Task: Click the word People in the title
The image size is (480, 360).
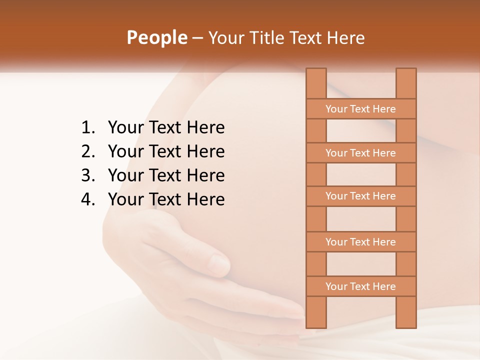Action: point(156,37)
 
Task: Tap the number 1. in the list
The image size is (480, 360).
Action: point(87,128)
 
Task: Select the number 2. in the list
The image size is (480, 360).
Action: point(87,151)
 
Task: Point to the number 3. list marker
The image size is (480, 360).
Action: point(87,175)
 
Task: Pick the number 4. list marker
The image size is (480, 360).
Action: point(87,199)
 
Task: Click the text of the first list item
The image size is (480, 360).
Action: point(166,128)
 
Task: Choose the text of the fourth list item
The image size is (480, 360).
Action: point(166,199)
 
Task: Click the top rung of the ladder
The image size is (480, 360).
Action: point(360,109)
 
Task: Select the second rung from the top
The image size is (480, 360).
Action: point(360,153)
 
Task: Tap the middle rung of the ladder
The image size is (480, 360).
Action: point(360,196)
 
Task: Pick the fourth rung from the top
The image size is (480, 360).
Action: point(360,242)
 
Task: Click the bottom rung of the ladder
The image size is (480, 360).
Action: point(360,286)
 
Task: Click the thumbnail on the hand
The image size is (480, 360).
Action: point(218,263)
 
